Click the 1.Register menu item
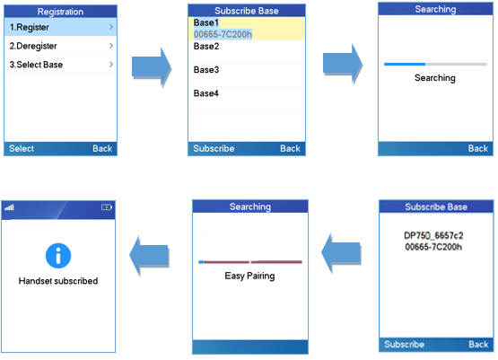(60, 27)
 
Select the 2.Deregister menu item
(60, 46)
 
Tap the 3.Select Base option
(60, 65)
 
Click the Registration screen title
(60, 12)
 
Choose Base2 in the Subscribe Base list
(206, 47)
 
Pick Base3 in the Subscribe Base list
(206, 70)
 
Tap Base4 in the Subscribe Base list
(206, 93)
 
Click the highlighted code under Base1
(223, 34)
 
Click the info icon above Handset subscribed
(58, 256)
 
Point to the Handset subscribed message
(58, 281)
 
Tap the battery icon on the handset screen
(107, 207)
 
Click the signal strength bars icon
(9, 207)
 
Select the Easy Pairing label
(249, 276)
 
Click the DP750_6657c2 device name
(433, 235)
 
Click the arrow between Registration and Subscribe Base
(152, 67)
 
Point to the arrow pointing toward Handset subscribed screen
(149, 256)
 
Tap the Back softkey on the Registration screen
(102, 148)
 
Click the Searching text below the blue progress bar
(435, 78)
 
